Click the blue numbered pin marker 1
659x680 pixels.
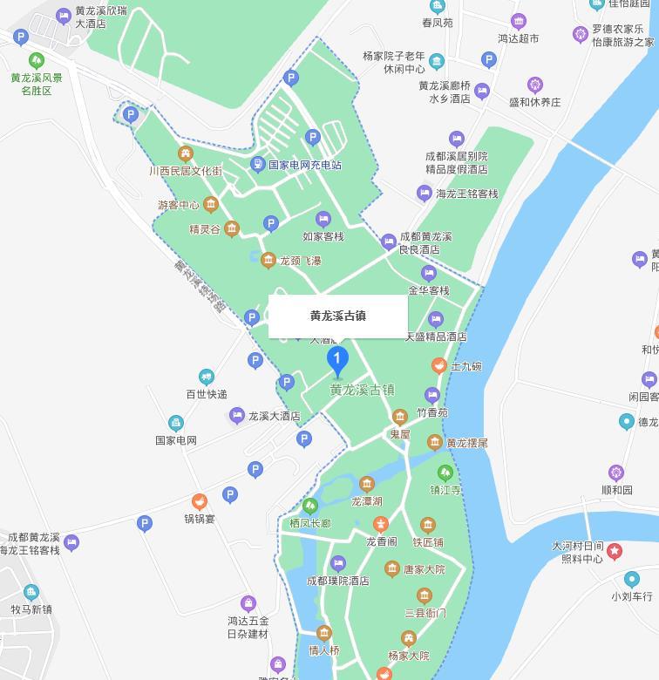click(337, 359)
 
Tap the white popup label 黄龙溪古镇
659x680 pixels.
click(337, 316)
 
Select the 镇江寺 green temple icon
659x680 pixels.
click(445, 473)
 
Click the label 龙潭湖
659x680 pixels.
click(367, 501)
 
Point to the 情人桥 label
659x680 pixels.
click(323, 650)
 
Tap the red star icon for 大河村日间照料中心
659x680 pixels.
click(615, 551)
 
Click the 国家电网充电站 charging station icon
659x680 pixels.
click(257, 164)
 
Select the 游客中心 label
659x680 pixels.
click(179, 206)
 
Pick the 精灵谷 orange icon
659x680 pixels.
click(231, 229)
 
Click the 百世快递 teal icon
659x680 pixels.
click(206, 377)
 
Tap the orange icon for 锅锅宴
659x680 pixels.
click(199, 502)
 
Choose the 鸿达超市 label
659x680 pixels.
click(518, 38)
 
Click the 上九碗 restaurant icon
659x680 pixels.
click(439, 366)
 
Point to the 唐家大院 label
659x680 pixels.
click(424, 569)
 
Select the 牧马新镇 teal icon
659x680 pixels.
click(31, 593)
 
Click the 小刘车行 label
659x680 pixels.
click(631, 596)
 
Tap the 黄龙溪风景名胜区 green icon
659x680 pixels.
click(36, 60)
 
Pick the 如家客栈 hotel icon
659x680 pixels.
click(323, 219)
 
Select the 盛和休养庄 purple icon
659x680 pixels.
click(535, 85)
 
